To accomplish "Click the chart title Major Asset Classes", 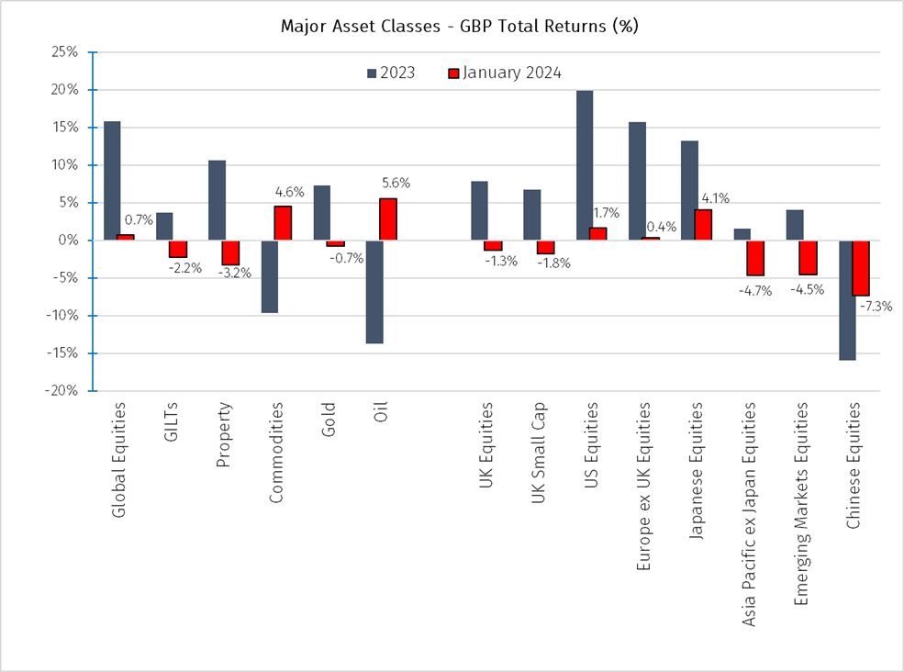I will click(x=459, y=26).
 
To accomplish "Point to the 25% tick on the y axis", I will click(x=65, y=51).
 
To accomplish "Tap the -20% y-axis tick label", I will click(x=61, y=391).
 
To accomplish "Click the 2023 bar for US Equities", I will click(x=584, y=165).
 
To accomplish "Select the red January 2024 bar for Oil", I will click(x=387, y=219).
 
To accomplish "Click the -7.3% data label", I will click(x=876, y=307).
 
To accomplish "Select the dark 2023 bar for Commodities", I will click(x=269, y=276).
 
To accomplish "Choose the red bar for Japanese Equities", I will click(x=702, y=225).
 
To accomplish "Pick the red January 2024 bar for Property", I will click(x=230, y=252).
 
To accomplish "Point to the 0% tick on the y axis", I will click(x=70, y=241).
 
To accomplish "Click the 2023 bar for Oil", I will click(x=374, y=292).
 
